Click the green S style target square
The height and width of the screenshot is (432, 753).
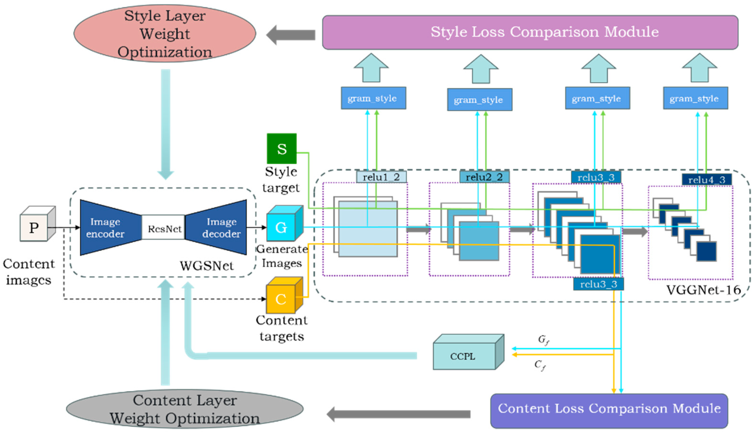tap(281, 148)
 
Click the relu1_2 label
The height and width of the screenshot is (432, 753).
tap(381, 177)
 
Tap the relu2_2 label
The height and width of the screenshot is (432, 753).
tap(484, 177)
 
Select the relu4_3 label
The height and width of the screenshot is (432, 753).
tap(706, 180)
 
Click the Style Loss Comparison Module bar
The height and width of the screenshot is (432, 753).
tap(530, 32)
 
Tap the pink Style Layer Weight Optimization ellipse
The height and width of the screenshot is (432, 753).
tap(165, 33)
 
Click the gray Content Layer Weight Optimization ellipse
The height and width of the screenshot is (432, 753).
tap(185, 409)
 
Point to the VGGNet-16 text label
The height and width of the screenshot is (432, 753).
tap(703, 290)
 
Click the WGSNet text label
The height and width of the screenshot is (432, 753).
tap(207, 266)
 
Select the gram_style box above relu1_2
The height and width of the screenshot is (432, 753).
tap(373, 98)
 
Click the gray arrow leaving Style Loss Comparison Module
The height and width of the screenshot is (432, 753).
tap(291, 35)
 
